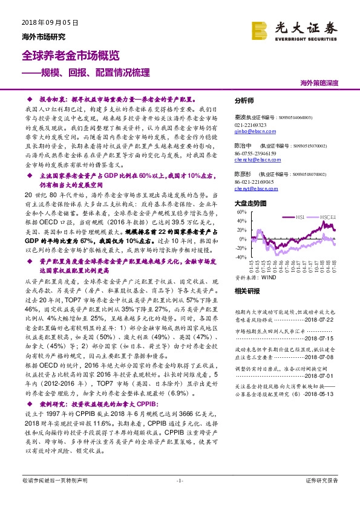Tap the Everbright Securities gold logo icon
(x=260, y=29)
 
